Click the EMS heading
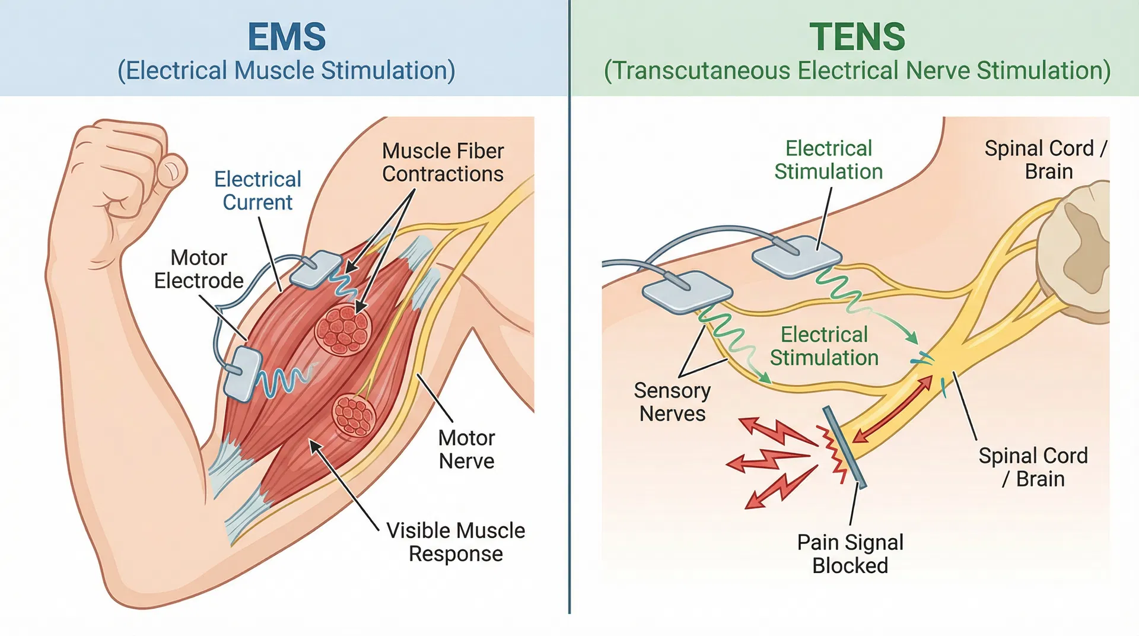(x=287, y=37)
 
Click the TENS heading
(x=857, y=37)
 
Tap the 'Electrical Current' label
(x=257, y=190)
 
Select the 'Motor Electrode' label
(x=199, y=269)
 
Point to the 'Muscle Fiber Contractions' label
(x=443, y=162)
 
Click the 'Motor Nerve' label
(x=466, y=449)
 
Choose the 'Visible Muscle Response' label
(x=456, y=542)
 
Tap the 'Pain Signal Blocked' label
(x=850, y=554)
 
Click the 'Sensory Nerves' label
(x=672, y=402)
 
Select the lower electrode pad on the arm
(x=243, y=374)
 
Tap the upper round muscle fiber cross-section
(x=343, y=330)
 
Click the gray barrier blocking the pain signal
(x=844, y=447)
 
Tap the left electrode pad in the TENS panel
(x=687, y=291)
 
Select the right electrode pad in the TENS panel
(x=797, y=256)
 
